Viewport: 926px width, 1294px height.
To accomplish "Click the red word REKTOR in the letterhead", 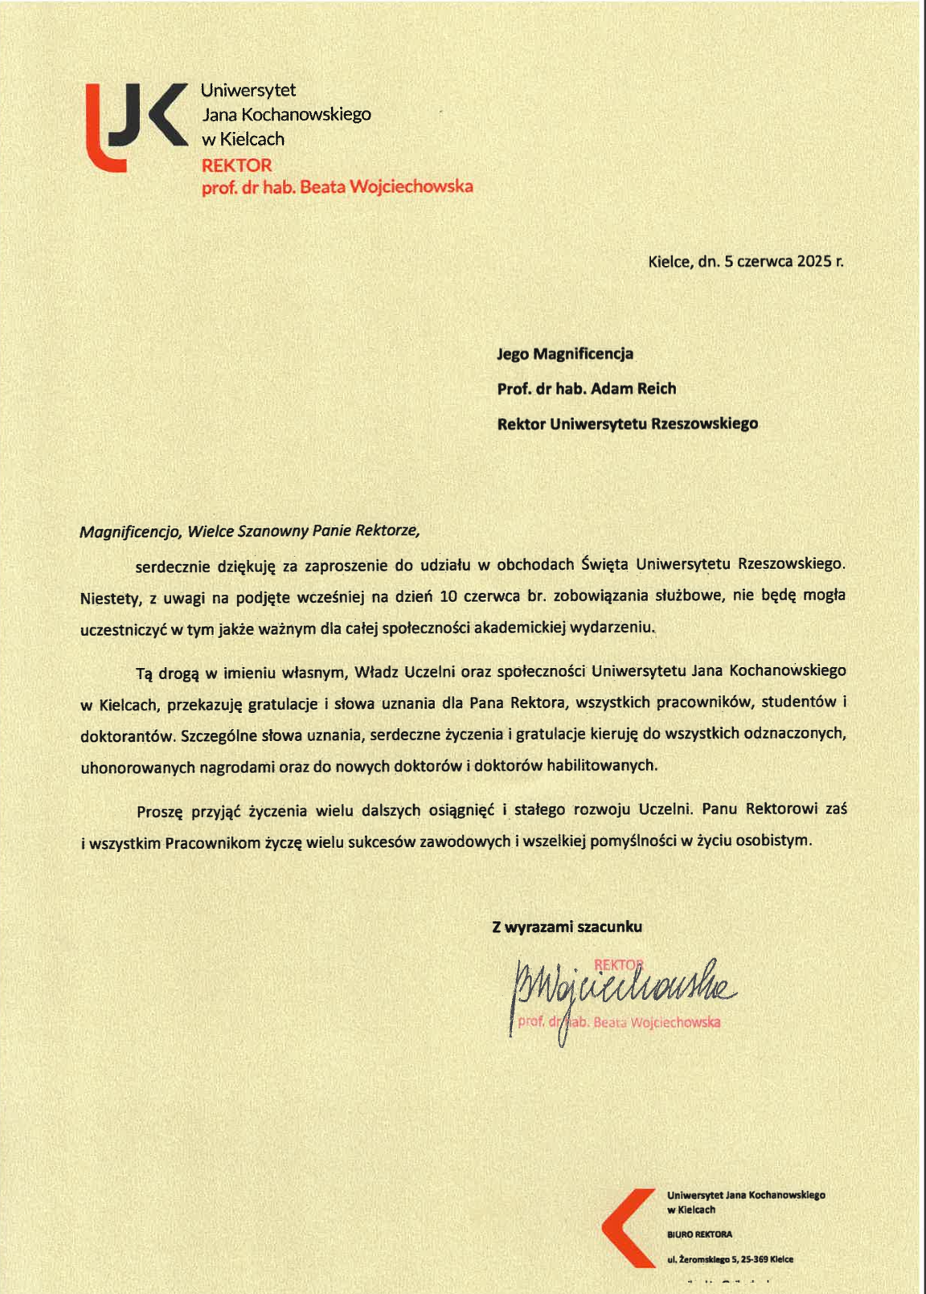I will click(236, 166).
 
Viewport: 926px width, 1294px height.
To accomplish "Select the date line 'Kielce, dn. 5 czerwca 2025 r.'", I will click(745, 261).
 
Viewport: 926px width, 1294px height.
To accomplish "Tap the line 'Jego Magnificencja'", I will click(565, 354).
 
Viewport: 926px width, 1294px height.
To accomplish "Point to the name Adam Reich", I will click(633, 388).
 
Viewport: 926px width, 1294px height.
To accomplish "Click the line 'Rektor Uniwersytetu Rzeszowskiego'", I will click(627, 424).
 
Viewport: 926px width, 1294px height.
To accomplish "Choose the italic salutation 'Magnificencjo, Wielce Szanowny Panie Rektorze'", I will click(249, 531).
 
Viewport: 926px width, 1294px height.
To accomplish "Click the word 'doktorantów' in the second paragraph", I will click(127, 735).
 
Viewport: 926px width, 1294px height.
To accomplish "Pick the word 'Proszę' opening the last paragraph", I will click(160, 810).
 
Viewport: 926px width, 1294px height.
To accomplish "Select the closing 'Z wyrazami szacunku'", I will click(567, 927).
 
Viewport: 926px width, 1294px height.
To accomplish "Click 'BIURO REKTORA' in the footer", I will click(699, 1235).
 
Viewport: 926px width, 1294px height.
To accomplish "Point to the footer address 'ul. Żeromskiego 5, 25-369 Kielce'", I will click(730, 1259).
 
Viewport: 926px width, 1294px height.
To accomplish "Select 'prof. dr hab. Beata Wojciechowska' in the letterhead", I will click(337, 187).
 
